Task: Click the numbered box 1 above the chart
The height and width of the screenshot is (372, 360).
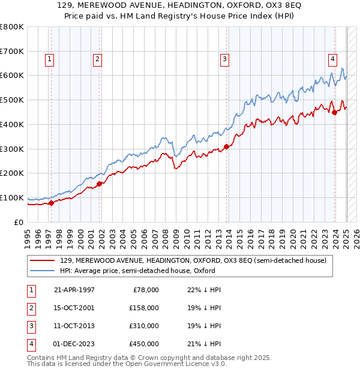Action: [49, 59]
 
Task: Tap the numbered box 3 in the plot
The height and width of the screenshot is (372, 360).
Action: [224, 59]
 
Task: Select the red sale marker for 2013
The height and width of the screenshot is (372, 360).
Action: [226, 146]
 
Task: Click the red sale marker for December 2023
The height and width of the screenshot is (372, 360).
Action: [334, 112]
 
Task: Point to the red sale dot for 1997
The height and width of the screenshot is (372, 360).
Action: [51, 203]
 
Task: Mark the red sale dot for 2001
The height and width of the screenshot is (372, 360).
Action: [99, 184]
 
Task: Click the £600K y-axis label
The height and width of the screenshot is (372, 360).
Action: [12, 76]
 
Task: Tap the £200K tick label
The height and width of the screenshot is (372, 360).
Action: [12, 173]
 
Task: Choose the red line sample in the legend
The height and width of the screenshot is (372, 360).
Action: [43, 261]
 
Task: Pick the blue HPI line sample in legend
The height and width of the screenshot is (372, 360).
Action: [43, 271]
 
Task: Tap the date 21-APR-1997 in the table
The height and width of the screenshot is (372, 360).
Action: [74, 290]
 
